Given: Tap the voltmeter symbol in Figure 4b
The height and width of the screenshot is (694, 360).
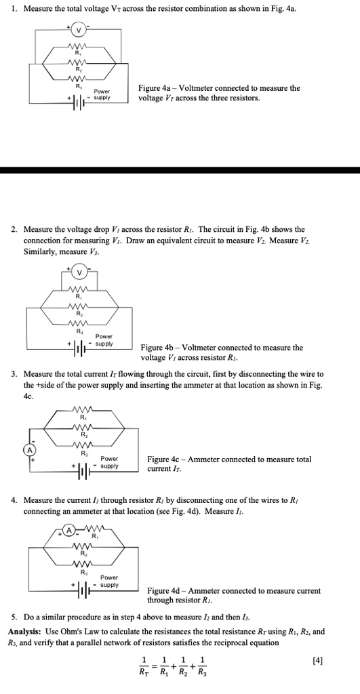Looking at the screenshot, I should [80, 273].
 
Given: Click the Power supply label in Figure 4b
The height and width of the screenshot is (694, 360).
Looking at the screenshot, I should [104, 340].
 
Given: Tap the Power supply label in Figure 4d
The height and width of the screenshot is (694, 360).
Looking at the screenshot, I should [108, 581].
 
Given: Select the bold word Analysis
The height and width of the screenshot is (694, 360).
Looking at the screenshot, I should [24, 632].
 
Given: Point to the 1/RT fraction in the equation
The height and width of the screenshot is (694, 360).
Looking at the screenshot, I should [143, 667].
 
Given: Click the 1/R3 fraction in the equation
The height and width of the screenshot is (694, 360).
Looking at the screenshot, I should [206, 667].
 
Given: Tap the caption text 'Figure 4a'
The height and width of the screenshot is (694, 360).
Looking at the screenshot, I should [155, 88].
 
